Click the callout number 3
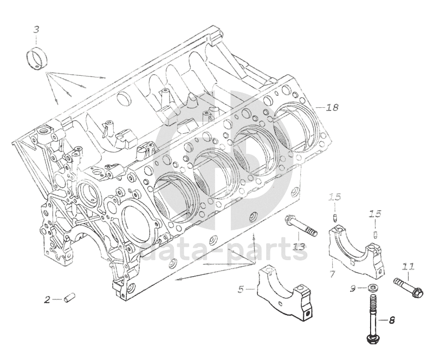coord(36,29)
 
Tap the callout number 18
coord(332,107)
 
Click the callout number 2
coord(47,299)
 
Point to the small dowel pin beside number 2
coord(69,298)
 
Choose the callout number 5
coord(241,290)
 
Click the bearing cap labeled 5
coord(285,294)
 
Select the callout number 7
coord(332,274)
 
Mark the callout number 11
coord(408,266)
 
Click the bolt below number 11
coord(409,288)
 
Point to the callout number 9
coord(353,289)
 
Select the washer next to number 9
coord(371,288)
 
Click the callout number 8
coord(392,320)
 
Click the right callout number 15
coord(375,214)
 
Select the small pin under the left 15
coord(335,219)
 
